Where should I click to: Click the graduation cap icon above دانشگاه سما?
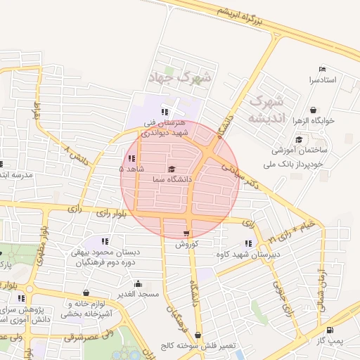click(172, 169)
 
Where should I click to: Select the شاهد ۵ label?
click(131, 169)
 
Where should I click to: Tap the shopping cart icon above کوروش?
click(186, 233)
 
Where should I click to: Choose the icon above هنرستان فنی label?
click(164, 112)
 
